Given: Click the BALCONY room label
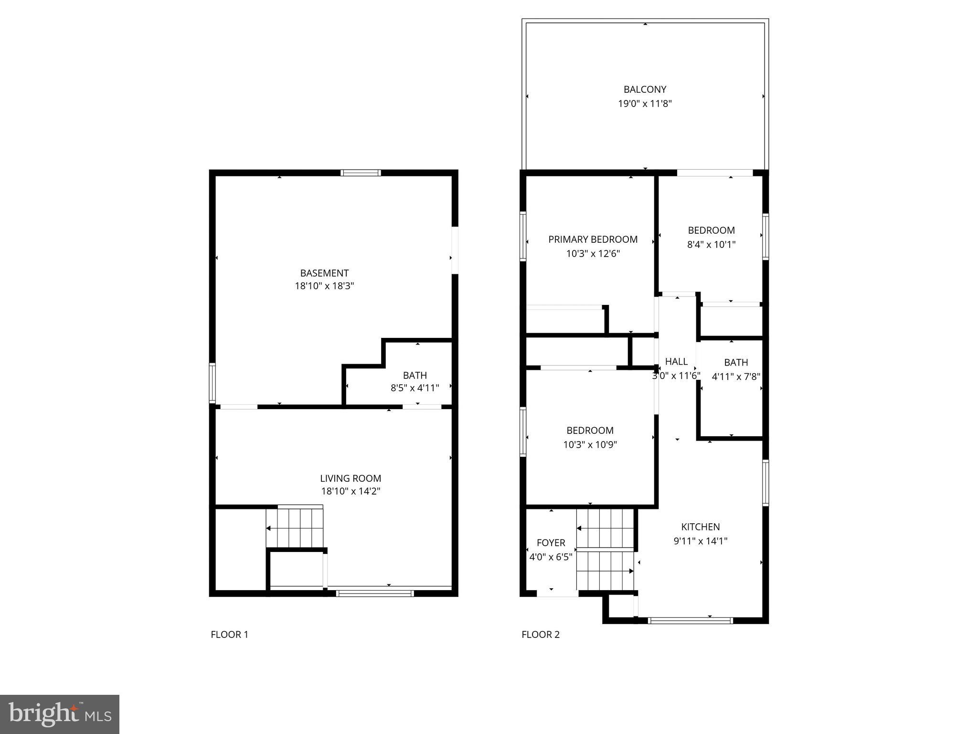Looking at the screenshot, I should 645,89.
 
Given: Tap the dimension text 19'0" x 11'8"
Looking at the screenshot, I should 645,104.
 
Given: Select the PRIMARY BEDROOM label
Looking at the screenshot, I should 593,239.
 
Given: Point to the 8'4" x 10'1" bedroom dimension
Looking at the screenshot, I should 711,245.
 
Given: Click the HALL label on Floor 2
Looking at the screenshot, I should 676,362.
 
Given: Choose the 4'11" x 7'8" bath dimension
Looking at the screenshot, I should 735,377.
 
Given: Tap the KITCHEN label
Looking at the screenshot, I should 700,527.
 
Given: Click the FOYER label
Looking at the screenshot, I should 551,543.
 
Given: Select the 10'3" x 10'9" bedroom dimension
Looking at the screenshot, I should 590,445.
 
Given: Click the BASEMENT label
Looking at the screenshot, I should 324,273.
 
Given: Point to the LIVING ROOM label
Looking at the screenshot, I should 351,478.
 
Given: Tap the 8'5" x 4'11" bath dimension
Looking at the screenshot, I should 415,388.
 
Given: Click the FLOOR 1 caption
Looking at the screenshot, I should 229,635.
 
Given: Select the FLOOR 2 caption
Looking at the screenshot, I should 540,635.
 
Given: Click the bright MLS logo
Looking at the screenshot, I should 59,714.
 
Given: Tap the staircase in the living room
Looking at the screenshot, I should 295,528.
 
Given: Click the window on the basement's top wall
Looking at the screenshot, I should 361,173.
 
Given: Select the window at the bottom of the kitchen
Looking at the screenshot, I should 690,621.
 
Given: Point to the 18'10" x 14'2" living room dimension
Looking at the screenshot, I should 351,491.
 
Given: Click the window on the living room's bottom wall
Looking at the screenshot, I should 374,594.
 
